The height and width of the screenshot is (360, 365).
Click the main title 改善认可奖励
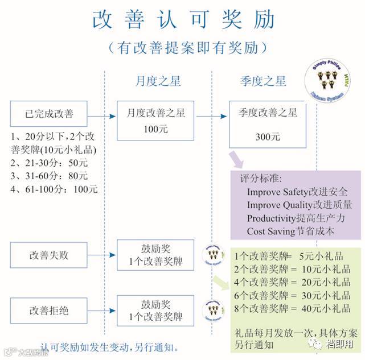click(183, 20)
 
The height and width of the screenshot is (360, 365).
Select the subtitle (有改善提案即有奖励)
click(183, 47)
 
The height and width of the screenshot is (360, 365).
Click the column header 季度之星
click(263, 81)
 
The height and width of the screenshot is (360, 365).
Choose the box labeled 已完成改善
click(49, 114)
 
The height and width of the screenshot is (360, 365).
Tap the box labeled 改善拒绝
click(49, 311)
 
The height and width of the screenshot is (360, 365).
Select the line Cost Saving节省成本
click(291, 232)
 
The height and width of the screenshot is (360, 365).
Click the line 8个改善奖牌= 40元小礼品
click(293, 309)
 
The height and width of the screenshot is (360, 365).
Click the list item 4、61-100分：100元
click(54, 189)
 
